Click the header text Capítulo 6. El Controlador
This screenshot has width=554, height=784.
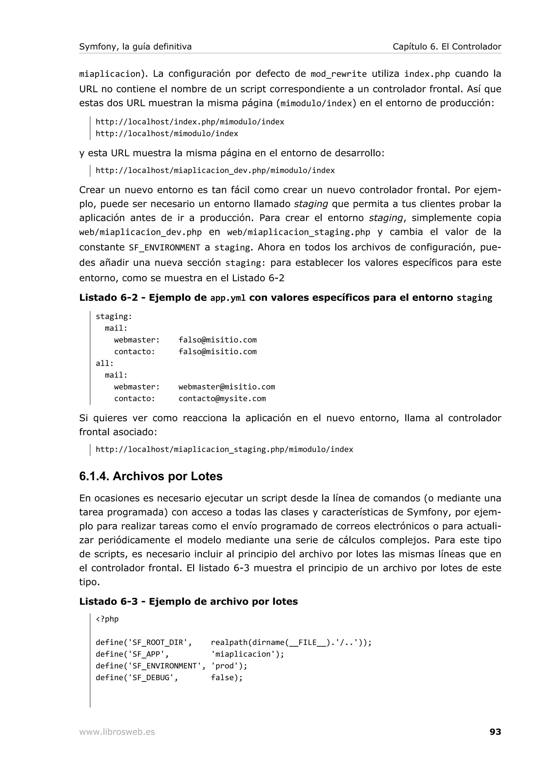click(x=447, y=47)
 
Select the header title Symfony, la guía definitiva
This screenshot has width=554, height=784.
click(x=135, y=47)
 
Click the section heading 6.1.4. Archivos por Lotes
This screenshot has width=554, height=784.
click(x=150, y=476)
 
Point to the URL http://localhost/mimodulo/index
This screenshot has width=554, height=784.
click(x=167, y=134)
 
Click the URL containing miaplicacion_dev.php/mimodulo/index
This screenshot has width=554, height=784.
click(x=215, y=170)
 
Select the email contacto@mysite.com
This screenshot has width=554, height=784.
click(x=222, y=398)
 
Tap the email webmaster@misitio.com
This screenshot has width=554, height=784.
click(x=227, y=387)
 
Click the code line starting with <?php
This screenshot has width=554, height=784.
click(x=107, y=619)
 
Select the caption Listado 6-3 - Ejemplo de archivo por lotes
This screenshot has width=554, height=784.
click(x=189, y=601)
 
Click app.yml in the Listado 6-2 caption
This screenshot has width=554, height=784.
click(x=228, y=298)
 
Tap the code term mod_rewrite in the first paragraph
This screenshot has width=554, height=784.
click(x=338, y=74)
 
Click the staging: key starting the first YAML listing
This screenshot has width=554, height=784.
click(x=114, y=317)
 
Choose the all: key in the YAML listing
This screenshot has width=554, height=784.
click(x=104, y=363)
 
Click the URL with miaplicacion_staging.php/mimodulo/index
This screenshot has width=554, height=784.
click(x=224, y=449)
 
